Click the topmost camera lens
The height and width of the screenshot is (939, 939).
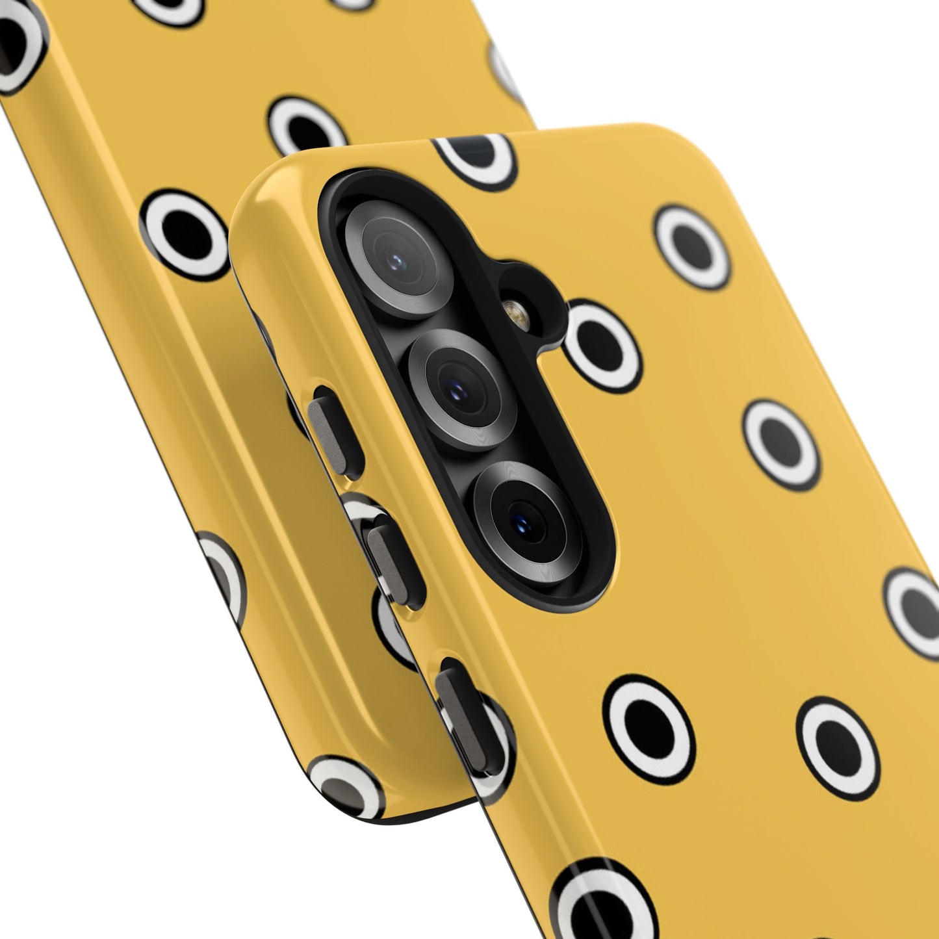[398, 259]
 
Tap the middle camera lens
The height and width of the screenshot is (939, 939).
[462, 389]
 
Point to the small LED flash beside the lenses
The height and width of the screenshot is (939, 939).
[518, 315]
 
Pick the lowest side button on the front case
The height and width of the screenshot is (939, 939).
[468, 708]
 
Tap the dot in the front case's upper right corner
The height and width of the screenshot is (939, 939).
[693, 247]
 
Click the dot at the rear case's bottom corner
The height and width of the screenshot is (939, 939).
[346, 788]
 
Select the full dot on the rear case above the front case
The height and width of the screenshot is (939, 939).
[307, 127]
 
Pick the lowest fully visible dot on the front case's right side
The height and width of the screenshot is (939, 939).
[838, 748]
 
